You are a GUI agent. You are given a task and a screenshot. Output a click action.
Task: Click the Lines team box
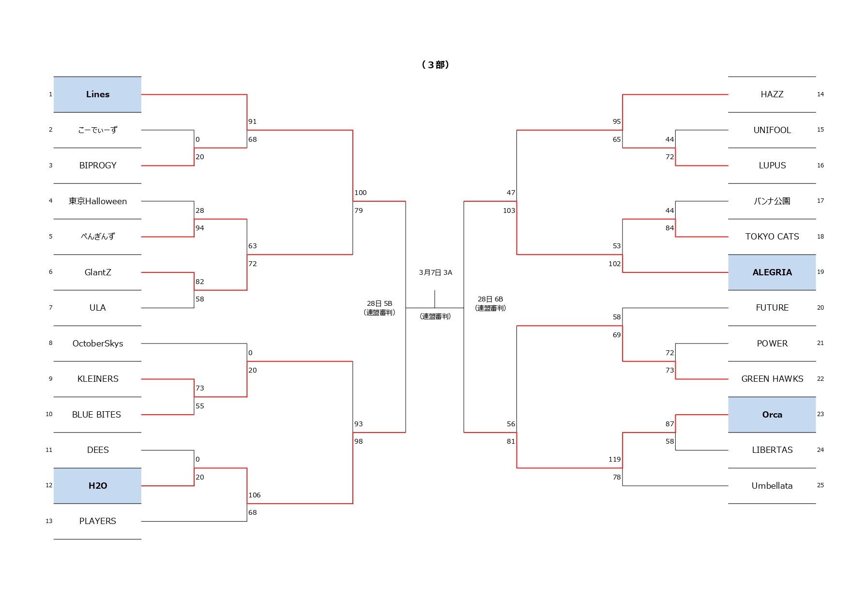(97, 94)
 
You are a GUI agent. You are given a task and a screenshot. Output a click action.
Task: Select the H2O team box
(97, 486)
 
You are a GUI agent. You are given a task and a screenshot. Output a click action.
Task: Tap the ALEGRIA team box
(772, 272)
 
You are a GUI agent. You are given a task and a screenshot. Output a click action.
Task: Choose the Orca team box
(772, 415)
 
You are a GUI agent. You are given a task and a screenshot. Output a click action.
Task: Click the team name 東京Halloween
(97, 201)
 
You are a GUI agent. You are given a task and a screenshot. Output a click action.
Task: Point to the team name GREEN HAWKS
(772, 379)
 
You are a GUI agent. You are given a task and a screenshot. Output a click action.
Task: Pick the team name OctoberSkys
(97, 344)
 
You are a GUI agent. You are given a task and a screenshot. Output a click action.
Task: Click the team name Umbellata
(772, 486)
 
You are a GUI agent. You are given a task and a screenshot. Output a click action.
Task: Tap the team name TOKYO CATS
(772, 237)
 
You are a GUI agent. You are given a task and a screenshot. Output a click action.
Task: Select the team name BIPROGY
(97, 165)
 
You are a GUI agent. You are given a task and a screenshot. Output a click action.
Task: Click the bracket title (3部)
(435, 65)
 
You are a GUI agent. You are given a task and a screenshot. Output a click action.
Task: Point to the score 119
(614, 459)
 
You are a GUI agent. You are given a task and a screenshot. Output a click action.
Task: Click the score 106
(255, 495)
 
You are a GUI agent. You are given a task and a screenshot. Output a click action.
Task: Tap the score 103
(509, 210)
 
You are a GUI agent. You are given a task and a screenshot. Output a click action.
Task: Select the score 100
(361, 193)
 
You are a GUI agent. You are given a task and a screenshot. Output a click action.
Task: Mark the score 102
(614, 264)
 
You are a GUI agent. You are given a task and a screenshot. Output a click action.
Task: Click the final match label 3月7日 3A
(435, 273)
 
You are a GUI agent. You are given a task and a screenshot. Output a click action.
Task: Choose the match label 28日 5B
(379, 303)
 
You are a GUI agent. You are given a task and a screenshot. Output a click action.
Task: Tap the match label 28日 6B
(490, 299)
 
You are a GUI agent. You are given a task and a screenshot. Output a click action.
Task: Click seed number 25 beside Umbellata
(820, 485)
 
